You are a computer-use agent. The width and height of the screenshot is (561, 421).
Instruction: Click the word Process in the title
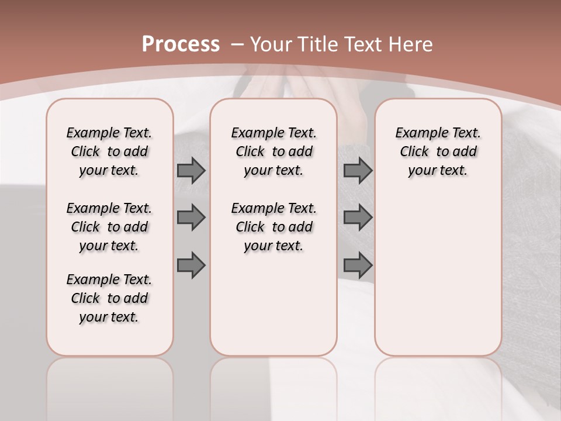[181, 44]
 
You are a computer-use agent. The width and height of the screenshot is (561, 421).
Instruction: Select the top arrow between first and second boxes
[191, 170]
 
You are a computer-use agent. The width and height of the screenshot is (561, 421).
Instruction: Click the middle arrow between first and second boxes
[191, 218]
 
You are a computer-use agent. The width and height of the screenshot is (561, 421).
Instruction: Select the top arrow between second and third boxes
[358, 170]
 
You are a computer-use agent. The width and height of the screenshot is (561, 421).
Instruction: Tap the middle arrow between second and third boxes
[358, 218]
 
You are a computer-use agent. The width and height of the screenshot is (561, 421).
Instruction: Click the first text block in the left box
[109, 151]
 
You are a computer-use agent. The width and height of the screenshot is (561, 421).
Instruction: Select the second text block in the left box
[109, 227]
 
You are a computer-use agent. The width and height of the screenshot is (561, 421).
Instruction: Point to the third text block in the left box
[109, 298]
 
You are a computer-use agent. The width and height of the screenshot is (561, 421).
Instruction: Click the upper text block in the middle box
[273, 151]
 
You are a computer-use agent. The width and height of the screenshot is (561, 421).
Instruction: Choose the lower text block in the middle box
[273, 227]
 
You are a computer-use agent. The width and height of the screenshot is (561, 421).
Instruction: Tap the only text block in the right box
[438, 151]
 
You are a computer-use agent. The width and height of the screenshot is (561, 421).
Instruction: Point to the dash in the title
[237, 44]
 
